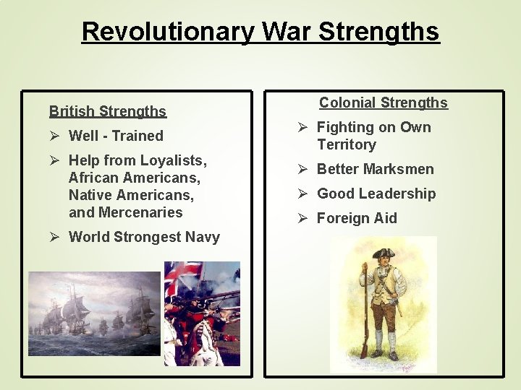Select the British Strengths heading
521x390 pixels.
(x=108, y=111)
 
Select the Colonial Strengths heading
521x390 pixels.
(x=384, y=103)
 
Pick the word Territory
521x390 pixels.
(x=347, y=144)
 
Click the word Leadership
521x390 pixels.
(x=401, y=194)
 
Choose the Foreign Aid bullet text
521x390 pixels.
(x=357, y=218)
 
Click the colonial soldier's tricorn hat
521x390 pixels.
(x=384, y=253)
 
